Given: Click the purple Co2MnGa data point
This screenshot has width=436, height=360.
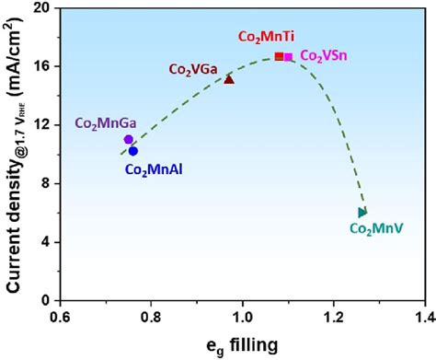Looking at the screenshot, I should point(129,139).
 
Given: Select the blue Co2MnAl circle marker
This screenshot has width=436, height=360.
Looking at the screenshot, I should point(133,151).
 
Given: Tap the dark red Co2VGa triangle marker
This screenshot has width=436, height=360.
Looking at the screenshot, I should point(229,79).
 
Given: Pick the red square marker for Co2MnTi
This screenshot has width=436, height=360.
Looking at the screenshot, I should point(279,56).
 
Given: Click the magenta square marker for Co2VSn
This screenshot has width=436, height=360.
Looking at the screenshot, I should point(289,57).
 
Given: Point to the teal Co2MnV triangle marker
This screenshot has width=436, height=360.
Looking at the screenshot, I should point(362,213).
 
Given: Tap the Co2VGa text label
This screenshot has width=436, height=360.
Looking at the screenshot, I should point(192,68).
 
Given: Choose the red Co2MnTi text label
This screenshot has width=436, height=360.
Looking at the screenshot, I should point(268,38).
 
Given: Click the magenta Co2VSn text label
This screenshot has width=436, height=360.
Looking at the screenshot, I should point(324,56).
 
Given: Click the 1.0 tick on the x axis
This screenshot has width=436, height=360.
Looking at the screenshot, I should point(243,317).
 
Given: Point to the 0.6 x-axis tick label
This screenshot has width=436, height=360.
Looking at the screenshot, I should point(60,317).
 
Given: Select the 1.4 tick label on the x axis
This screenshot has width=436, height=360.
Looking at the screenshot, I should point(424,317).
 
